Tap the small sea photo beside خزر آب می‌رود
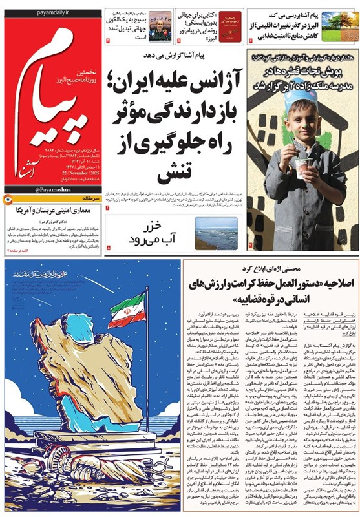(216, 234)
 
